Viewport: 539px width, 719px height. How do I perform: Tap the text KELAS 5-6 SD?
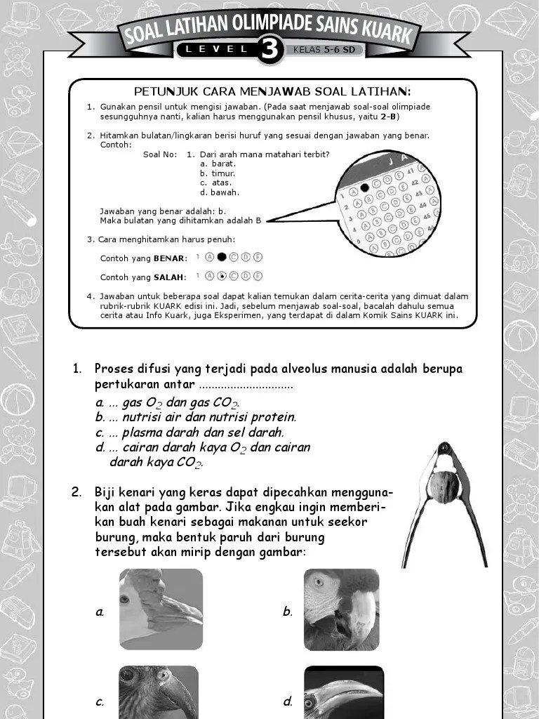tap(324, 50)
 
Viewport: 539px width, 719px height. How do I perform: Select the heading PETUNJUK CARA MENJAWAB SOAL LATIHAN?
tap(272, 92)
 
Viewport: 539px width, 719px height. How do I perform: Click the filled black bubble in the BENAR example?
tap(221, 258)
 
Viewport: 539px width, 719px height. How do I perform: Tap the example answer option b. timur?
tap(218, 173)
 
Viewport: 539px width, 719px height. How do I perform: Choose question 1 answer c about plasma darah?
tap(189, 433)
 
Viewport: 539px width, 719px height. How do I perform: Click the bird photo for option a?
tap(161, 609)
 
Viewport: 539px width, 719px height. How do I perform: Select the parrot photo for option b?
tap(341, 609)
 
